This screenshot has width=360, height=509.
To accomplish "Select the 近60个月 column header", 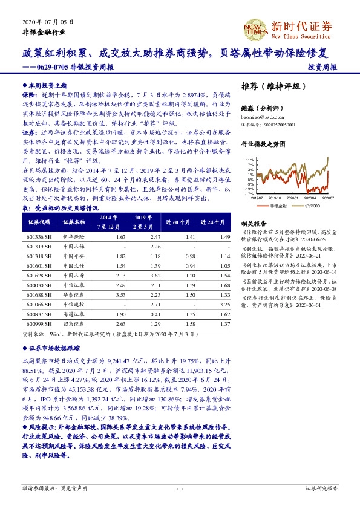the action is [x=178, y=222].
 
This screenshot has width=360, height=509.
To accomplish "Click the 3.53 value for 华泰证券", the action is [x=120, y=295].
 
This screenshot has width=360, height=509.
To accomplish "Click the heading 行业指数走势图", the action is [x=263, y=145].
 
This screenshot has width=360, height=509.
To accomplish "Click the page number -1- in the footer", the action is [x=180, y=488].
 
